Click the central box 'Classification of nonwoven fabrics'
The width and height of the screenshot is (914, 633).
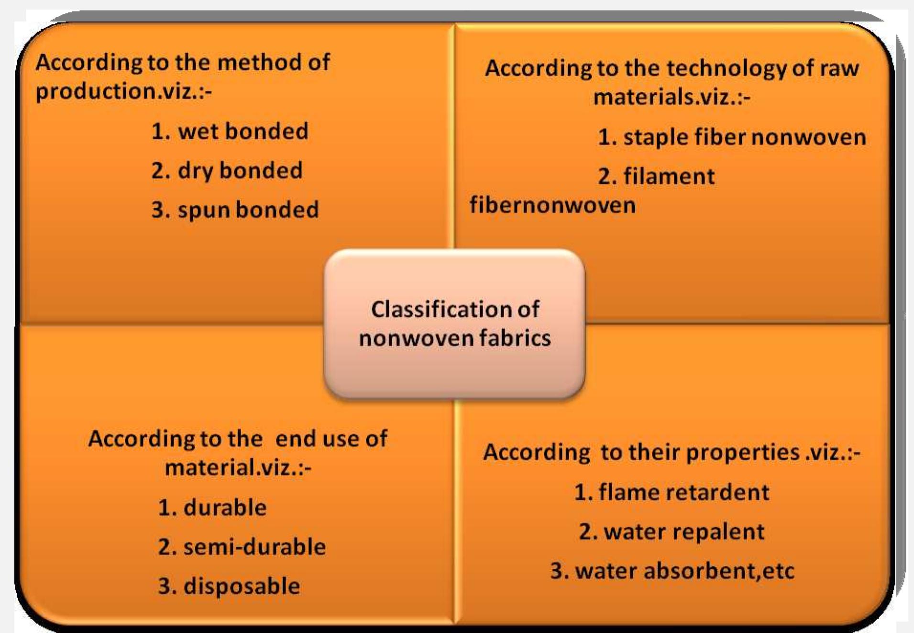(454, 323)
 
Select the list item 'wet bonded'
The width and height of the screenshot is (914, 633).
(230, 132)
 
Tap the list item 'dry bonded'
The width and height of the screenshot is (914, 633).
(227, 171)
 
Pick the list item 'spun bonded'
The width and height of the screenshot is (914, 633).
(235, 210)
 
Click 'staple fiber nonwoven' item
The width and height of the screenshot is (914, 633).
(732, 137)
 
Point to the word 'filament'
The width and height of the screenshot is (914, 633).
(669, 177)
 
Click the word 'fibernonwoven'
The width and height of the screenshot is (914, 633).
(552, 205)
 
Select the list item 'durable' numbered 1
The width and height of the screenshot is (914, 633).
(212, 508)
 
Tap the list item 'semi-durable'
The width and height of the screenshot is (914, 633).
(242, 547)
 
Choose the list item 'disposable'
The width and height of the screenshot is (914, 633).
(229, 586)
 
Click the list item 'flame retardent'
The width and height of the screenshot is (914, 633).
(672, 492)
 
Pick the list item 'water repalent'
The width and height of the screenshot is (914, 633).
(672, 532)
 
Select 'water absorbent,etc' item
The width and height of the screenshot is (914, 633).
(672, 571)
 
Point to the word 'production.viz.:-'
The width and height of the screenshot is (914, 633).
(123, 91)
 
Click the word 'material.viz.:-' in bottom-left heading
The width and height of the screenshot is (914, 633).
(238, 467)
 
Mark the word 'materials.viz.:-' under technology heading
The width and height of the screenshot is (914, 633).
(672, 97)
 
